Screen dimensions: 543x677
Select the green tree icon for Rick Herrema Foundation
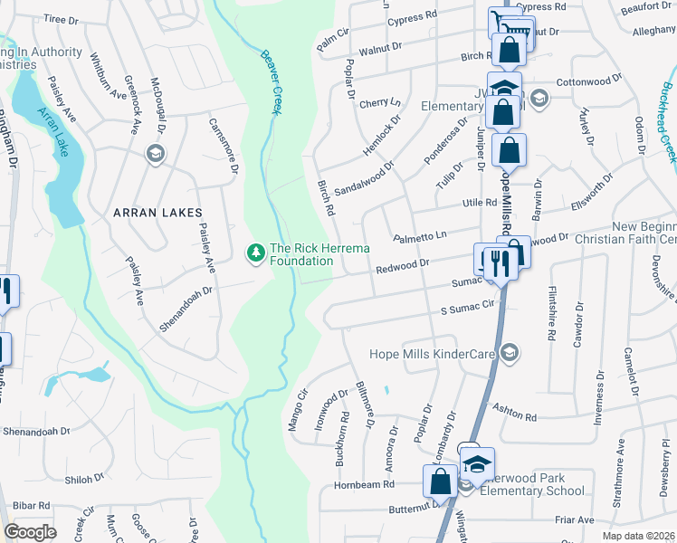click(256, 251)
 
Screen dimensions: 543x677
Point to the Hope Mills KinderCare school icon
click(510, 353)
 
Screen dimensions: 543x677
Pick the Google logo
click(30, 532)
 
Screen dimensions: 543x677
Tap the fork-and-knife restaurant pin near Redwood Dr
click(498, 262)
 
